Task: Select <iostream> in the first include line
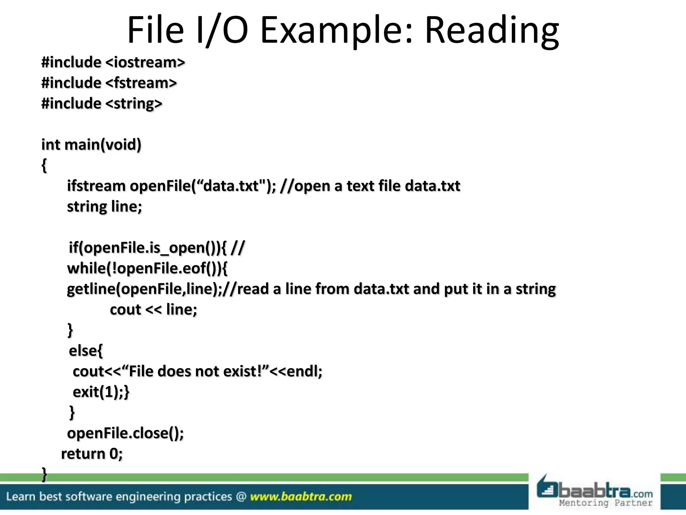click(145, 63)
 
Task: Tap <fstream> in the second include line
click(141, 83)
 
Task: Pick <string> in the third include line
click(134, 104)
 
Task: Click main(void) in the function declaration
click(103, 145)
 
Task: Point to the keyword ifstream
click(96, 186)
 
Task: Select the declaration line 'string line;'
click(105, 207)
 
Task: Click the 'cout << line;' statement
click(153, 309)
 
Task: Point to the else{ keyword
click(86, 351)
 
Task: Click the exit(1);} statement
click(101, 392)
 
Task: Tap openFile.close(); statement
click(126, 433)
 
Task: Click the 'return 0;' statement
click(92, 454)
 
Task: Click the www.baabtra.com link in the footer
click(301, 497)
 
